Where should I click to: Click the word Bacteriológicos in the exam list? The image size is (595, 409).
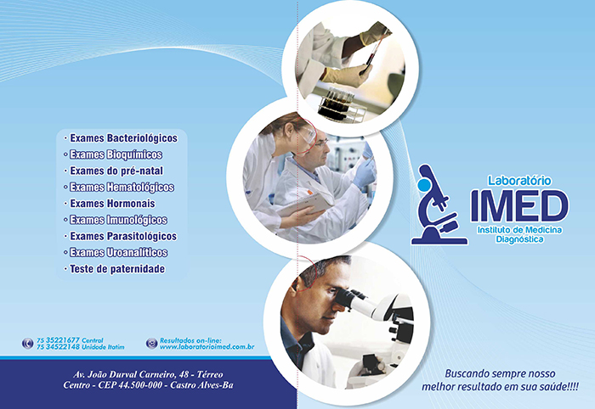(x=142, y=138)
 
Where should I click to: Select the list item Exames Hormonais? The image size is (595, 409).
(x=112, y=204)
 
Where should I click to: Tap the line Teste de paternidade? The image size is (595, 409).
(x=117, y=269)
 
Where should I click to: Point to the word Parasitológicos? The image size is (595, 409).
(x=142, y=236)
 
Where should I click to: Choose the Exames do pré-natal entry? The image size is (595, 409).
(x=116, y=171)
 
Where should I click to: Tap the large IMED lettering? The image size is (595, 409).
(x=519, y=206)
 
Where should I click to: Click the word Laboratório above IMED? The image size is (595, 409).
(x=519, y=181)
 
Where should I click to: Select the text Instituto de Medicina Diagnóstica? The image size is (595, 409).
(x=519, y=235)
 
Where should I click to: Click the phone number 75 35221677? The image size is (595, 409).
(x=58, y=340)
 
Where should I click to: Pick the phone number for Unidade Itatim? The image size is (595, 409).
(x=58, y=347)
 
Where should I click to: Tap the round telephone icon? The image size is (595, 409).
(x=27, y=344)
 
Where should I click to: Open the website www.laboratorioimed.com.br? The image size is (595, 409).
(x=207, y=347)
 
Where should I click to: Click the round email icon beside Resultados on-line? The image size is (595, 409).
(x=151, y=343)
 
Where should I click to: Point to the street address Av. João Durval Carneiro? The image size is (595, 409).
(x=148, y=374)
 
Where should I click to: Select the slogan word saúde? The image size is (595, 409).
(x=561, y=387)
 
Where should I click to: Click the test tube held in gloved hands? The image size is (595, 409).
(x=374, y=52)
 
